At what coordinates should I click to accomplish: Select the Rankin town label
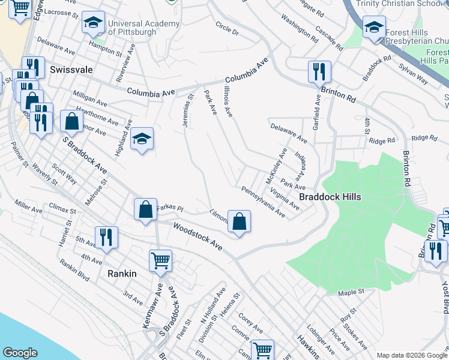click(122, 273)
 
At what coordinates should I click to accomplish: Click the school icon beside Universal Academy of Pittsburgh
click(93, 23)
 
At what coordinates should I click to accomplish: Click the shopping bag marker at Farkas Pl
click(145, 210)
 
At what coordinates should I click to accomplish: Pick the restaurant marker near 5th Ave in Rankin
click(106, 237)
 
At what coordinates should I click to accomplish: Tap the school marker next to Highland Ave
click(142, 139)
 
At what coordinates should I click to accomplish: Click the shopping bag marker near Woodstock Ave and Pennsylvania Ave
click(239, 221)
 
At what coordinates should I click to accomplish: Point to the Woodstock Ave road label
click(197, 237)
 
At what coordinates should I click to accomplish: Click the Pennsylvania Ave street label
click(263, 202)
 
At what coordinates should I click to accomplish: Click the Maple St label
click(351, 292)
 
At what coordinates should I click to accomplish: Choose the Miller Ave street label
click(29, 206)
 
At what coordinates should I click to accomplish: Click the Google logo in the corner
click(20, 353)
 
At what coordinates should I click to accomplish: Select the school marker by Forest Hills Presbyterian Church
click(374, 28)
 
